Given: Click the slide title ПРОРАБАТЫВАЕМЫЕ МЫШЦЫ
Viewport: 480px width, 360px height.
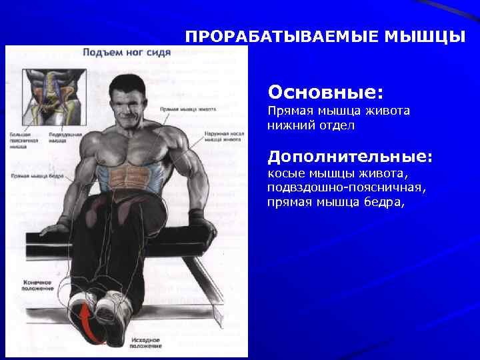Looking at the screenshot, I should [325, 37].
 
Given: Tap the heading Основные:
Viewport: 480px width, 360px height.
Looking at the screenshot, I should [325, 89].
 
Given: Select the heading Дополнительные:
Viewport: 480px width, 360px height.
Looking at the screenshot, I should [350, 157].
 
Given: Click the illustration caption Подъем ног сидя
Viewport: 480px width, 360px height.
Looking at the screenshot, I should [121, 51].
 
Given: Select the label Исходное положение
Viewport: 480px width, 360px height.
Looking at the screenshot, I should [146, 342].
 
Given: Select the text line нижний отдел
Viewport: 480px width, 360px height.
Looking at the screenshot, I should [311, 125].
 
